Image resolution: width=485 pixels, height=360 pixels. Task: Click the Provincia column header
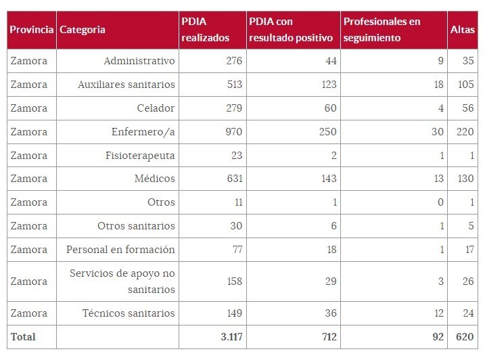click(31, 30)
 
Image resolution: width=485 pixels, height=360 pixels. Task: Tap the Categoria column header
click(82, 30)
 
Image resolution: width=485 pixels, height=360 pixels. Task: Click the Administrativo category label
click(139, 61)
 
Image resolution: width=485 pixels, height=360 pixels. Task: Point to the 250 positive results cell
click(322, 131)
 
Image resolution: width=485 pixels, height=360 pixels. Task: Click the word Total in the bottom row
click(23, 336)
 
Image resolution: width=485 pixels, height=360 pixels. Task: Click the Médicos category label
click(155, 179)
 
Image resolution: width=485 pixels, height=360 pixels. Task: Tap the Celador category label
click(155, 108)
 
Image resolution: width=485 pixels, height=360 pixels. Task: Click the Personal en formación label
click(120, 249)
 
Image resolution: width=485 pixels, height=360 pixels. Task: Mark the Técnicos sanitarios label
click(129, 313)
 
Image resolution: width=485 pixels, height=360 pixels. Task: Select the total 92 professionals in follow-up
click(437, 336)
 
